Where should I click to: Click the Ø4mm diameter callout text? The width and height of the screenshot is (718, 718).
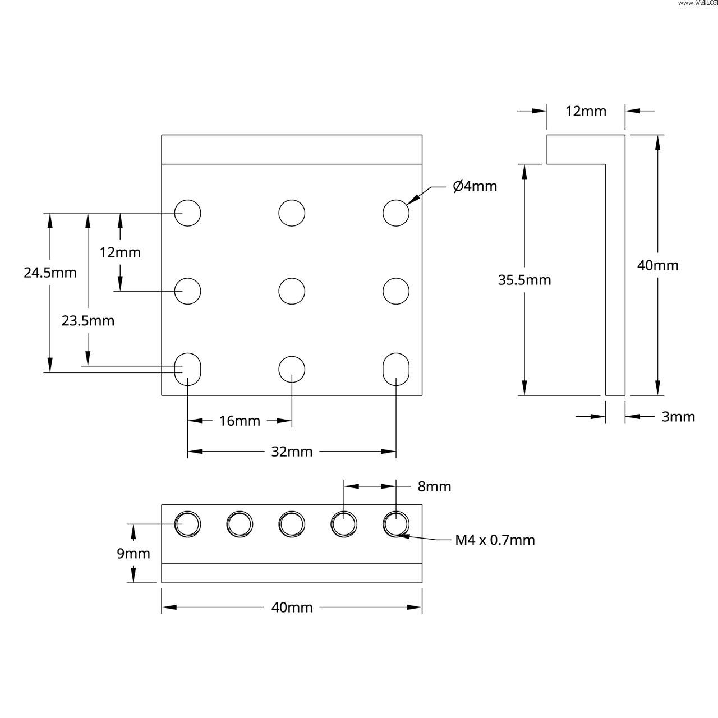coord(475,186)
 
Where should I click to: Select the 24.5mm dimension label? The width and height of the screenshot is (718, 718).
coord(50,273)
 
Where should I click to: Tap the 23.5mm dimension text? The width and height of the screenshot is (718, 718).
coord(88,321)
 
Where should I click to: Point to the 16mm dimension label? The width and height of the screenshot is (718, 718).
coord(240,421)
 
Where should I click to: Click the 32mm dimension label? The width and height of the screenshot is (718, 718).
coord(292,452)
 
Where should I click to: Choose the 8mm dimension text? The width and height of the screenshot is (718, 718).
coord(434,486)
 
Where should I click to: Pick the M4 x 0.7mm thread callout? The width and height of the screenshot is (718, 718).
coord(495,540)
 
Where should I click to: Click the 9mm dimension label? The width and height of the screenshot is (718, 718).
coord(134,554)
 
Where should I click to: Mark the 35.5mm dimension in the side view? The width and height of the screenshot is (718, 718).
coord(524,280)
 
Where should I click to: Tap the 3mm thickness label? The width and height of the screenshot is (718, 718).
coord(678,417)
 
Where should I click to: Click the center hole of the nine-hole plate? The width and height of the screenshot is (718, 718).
coord(292,291)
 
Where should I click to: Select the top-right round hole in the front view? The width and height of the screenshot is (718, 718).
coord(396,213)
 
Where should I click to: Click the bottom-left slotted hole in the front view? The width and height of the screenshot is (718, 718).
coord(188,369)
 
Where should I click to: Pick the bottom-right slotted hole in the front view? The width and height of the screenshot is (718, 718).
coord(396,369)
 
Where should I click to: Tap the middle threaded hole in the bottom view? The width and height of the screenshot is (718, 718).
coord(292,524)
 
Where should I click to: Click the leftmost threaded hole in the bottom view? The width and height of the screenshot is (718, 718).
coord(188,524)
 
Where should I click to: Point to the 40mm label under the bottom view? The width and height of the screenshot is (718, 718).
coord(292,607)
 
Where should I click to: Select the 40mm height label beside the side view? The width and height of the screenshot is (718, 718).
coord(657,265)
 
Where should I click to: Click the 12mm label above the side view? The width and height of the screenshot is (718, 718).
coord(586,111)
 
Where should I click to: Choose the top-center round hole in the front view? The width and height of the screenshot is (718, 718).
coord(292,213)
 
